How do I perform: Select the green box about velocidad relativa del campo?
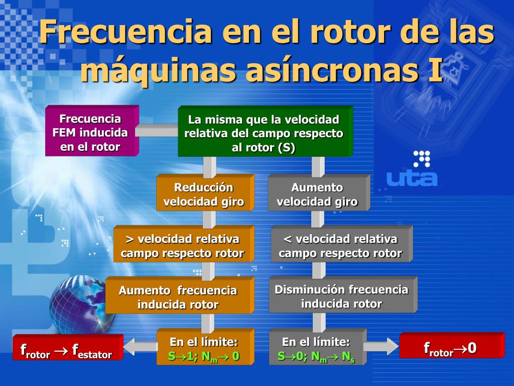coord(264,133)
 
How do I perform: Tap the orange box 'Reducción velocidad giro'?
coord(204,194)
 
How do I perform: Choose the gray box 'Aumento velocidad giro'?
coord(317,194)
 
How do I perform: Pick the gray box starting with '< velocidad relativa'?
coord(340,245)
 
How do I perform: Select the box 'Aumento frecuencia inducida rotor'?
coord(178,297)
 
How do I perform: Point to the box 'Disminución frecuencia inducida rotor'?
coord(341,296)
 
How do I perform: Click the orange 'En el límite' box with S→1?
coord(204,349)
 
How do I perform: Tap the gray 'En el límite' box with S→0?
coord(317,349)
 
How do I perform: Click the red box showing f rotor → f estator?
coord(67,349)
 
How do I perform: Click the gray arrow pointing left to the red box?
coord(139,346)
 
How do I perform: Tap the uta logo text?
coord(412,178)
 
